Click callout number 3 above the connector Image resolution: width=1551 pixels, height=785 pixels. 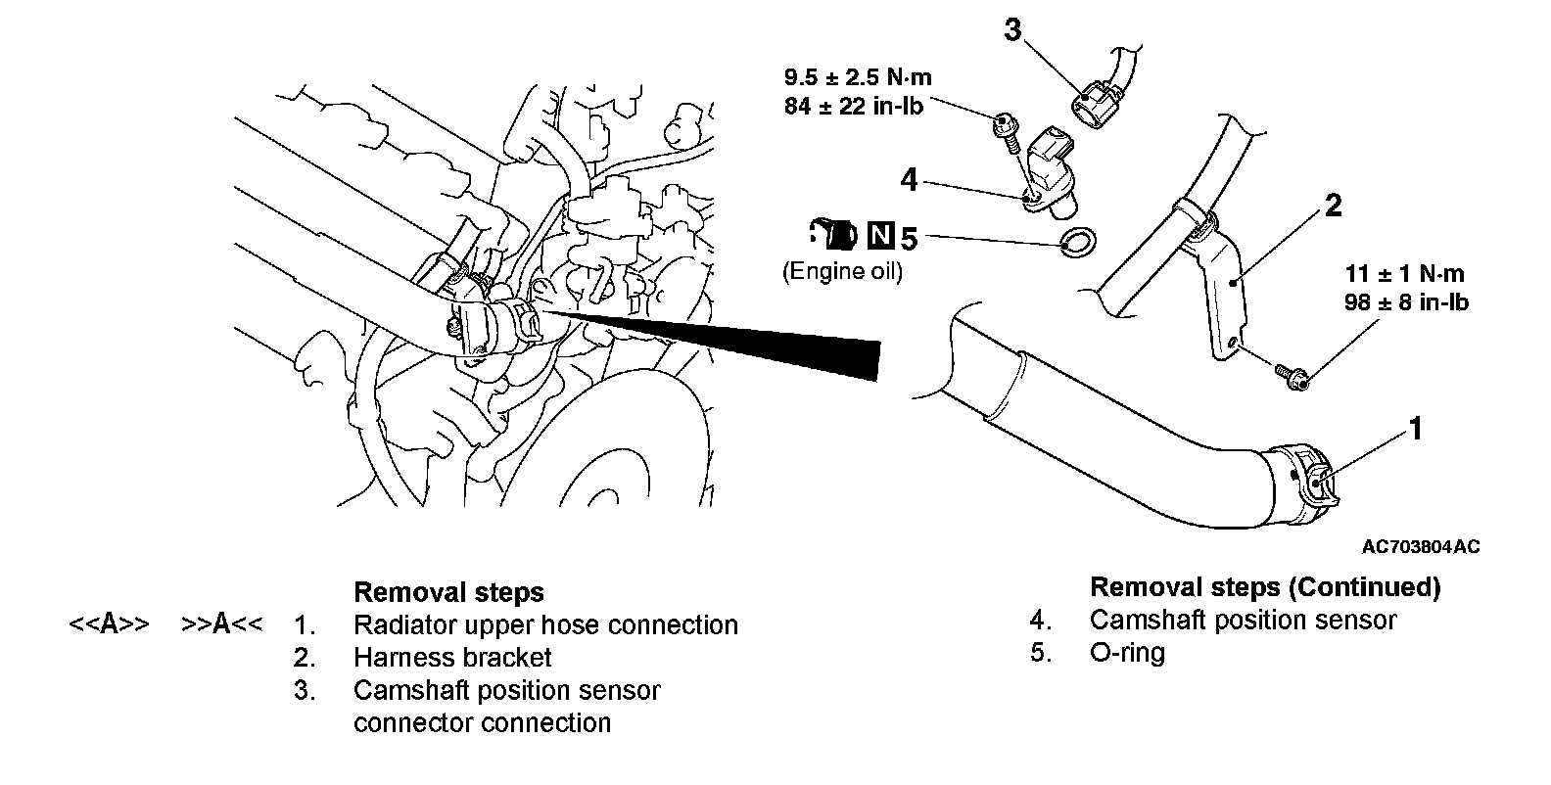[1012, 30]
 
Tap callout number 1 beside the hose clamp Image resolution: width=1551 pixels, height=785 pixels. [1415, 429]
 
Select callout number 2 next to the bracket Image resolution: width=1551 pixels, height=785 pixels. [1333, 206]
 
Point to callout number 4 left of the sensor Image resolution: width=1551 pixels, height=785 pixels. [909, 179]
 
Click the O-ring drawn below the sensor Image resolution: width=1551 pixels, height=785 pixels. [1078, 241]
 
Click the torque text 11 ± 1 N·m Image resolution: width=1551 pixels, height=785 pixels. [1406, 274]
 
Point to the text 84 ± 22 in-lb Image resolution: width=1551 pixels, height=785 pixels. [854, 106]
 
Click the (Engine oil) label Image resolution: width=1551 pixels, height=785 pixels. [842, 271]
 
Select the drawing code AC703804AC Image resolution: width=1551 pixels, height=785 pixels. [1420, 546]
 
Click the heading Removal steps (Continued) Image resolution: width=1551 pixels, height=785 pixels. [1265, 587]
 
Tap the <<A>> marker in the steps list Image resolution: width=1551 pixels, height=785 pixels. [109, 624]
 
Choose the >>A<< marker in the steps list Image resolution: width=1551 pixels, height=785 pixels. [222, 624]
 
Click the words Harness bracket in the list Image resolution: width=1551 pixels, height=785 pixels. [452, 658]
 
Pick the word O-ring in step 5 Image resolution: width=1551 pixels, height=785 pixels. [1127, 652]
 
